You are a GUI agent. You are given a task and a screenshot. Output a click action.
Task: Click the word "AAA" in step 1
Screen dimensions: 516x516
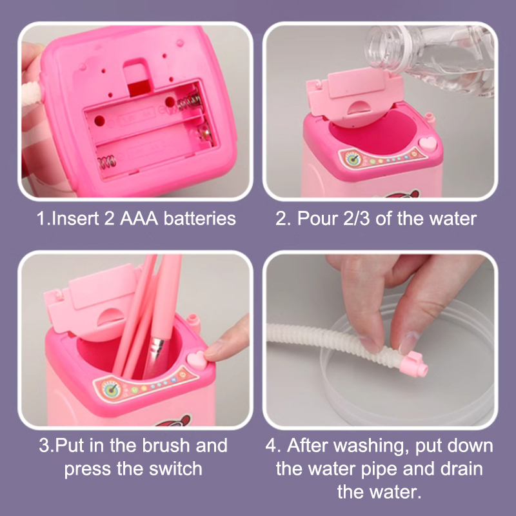139,219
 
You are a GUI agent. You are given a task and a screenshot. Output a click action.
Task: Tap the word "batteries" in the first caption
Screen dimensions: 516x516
200,219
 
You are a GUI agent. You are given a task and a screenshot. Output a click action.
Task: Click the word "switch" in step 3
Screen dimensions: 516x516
175,468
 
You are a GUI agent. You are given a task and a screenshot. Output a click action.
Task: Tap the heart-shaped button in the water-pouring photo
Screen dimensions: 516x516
428,144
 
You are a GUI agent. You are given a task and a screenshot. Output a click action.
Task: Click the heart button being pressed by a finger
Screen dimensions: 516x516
197,359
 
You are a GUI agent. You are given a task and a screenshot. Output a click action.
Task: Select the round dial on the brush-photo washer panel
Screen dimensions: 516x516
110,390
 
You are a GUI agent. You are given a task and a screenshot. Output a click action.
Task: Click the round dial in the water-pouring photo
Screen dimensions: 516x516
353,159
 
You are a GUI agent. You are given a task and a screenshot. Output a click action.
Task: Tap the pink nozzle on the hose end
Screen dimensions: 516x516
413,364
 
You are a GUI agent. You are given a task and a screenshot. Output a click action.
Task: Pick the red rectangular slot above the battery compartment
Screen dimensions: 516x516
139,88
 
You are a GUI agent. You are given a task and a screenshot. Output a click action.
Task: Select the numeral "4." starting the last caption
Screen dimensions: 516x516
273,446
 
